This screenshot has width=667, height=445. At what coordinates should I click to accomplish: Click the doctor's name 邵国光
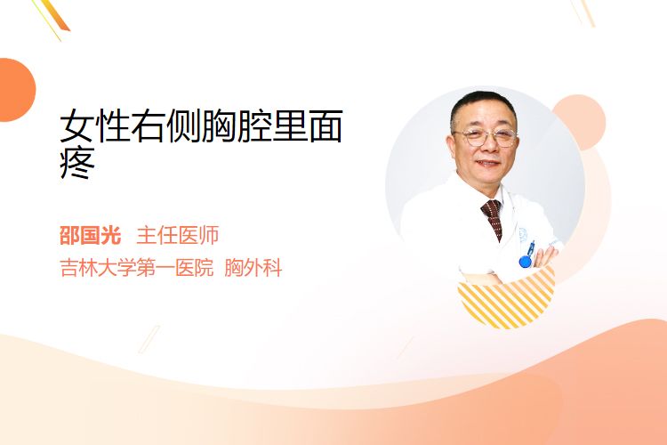coord(90,236)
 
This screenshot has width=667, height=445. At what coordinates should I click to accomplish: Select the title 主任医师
coord(177,236)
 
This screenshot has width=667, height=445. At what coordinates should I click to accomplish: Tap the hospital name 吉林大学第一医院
coord(136,268)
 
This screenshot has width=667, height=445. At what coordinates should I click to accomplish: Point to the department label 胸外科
coord(253,268)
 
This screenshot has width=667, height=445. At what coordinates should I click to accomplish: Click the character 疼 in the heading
coord(77,163)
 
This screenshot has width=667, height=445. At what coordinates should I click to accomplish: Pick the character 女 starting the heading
coord(76,126)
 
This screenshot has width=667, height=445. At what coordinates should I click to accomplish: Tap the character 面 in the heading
coord(325,126)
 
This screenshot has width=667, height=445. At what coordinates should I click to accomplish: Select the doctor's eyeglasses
coord(486,137)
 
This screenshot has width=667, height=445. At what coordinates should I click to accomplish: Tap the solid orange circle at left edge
coord(17,90)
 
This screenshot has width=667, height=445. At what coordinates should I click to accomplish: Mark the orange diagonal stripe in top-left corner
coord(55,17)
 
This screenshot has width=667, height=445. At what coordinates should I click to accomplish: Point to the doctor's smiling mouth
coord(487,164)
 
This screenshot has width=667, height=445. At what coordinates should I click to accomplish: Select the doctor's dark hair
coord(483,107)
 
